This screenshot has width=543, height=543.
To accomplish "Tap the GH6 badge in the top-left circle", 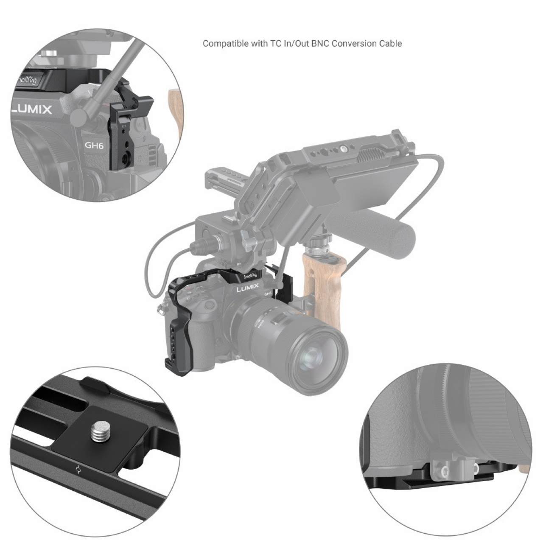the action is [x=94, y=146].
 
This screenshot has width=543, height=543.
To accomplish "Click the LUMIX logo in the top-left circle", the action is [x=32, y=109].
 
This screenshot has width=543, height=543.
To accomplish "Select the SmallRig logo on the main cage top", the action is [x=250, y=277].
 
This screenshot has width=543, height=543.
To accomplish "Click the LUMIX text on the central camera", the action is [x=247, y=288].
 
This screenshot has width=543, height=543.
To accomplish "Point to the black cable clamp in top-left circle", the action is [x=132, y=130].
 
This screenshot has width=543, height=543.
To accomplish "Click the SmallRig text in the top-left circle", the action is [x=27, y=81].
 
